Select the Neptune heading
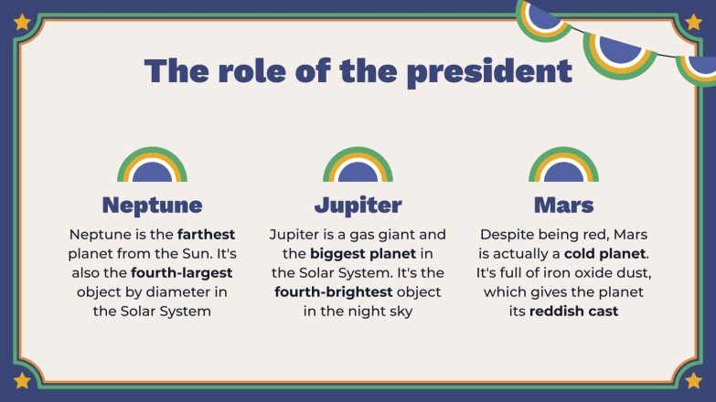(x=152, y=204)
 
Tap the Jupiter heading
(x=358, y=204)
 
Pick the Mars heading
(x=563, y=204)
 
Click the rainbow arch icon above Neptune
(x=152, y=165)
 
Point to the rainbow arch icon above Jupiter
(x=358, y=165)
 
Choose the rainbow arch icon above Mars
(x=563, y=165)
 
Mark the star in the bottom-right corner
(x=693, y=379)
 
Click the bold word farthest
(x=207, y=234)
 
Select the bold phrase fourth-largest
(x=182, y=272)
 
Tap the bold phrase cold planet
(x=605, y=253)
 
